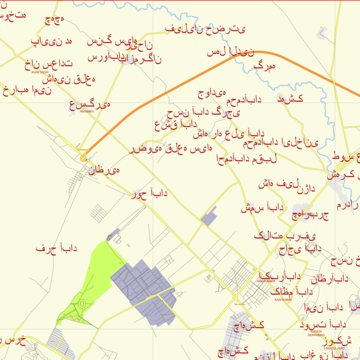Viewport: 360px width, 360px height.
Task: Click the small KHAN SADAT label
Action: pyautogui.click(x=37, y=72)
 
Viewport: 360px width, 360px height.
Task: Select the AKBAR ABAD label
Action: pyautogui.click(x=265, y=281)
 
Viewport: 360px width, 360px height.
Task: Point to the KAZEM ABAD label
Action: pyautogui.click(x=283, y=300)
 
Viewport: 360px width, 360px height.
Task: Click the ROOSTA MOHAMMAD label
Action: pyautogui.click(x=316, y=333)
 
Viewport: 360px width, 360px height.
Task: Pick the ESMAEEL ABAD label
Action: pyautogui.click(x=334, y=348)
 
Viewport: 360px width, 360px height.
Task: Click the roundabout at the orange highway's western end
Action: pyautogui.click(x=83, y=157)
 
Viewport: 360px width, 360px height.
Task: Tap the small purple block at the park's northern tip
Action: pyautogui.click(x=113, y=235)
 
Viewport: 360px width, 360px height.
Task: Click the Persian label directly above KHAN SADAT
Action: pyautogui.click(x=48, y=63)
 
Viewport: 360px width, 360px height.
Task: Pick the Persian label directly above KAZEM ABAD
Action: pyautogui.click(x=292, y=292)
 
